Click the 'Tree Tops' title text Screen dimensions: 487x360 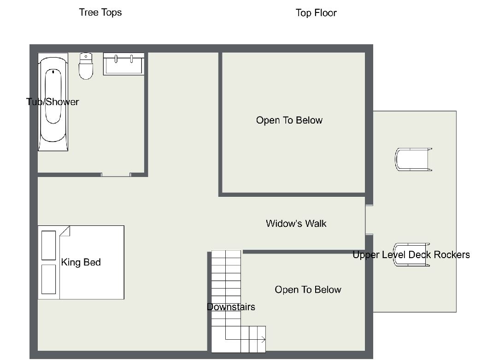coord(100,12)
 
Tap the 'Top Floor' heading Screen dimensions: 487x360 coord(316,13)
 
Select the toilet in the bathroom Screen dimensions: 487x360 coord(86,66)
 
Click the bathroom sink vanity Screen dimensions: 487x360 coord(123,64)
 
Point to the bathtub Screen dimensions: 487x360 coord(53,102)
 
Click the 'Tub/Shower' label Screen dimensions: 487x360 coord(53,102)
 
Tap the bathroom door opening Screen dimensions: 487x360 coord(116,175)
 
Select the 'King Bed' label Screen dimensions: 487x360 coord(81,262)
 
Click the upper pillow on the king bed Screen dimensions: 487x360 coord(49,245)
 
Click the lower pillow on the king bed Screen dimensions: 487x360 coord(49,279)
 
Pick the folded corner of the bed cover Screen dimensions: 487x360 coord(65,231)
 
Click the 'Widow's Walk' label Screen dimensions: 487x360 coord(296,224)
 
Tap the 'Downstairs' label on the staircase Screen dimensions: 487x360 coord(231,307)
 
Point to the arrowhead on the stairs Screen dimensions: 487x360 coord(264,340)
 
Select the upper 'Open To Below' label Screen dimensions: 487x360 coord(289,120)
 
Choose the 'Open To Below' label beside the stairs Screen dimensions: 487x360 coord(308,289)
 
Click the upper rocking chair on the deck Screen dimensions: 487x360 coord(413,159)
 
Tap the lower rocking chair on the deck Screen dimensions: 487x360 coord(411,255)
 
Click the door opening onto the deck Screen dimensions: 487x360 coord(369,219)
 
